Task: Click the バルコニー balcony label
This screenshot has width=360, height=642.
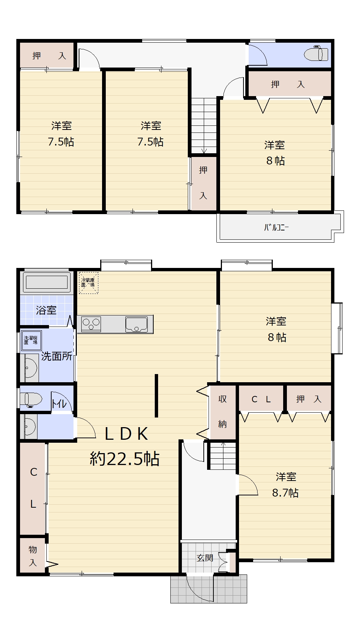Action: coord(276,227)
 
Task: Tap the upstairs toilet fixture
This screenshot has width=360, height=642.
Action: coord(316,54)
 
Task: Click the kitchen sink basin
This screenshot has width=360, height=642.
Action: coord(137,324)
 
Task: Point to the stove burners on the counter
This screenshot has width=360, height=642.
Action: coord(91,324)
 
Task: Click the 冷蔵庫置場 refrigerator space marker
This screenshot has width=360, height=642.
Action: coord(88,283)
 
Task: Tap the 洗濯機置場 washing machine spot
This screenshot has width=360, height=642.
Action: coord(31,340)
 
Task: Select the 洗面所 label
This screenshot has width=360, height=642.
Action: coord(56,356)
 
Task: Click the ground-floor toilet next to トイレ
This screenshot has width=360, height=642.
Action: coord(32,400)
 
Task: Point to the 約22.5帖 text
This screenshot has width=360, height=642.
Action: coord(125,459)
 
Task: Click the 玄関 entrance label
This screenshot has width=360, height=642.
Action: coord(205,558)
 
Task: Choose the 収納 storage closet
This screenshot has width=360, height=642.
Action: coord(223,412)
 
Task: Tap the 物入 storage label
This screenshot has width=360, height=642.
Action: coord(33,556)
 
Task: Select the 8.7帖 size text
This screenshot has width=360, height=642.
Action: coord(285,493)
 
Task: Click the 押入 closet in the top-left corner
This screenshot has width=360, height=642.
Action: coord(47,56)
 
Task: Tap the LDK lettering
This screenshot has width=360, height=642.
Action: coord(126,434)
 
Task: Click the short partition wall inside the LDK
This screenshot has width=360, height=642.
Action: coord(157,396)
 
